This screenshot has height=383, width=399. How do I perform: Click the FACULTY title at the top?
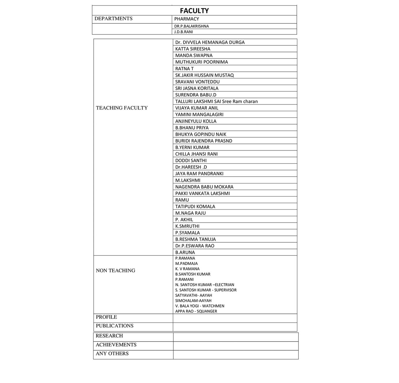click(194, 11)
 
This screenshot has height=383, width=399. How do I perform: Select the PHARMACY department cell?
click(187, 19)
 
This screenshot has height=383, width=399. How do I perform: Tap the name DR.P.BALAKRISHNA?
click(192, 26)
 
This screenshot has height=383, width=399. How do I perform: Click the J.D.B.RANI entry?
click(184, 32)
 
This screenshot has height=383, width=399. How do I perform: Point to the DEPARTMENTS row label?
click(113, 18)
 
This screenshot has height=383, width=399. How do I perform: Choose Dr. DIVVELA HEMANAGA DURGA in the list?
click(210, 42)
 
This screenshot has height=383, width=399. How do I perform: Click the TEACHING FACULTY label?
click(122, 108)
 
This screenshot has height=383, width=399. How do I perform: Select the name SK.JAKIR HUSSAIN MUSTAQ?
click(204, 75)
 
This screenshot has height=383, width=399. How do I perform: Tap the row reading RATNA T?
click(184, 69)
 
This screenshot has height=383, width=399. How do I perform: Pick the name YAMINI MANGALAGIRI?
click(199, 114)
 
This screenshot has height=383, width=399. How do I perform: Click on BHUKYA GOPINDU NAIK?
click(201, 134)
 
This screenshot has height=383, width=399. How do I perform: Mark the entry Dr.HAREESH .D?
click(191, 167)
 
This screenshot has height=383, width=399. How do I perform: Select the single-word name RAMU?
click(182, 200)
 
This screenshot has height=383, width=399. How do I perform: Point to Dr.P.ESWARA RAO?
click(195, 246)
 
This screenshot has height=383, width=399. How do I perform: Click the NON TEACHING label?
click(115, 271)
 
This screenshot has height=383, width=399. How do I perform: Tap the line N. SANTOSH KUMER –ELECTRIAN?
click(205, 285)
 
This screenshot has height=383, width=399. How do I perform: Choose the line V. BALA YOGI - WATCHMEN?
click(200, 306)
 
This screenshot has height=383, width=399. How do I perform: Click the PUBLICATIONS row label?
click(114, 326)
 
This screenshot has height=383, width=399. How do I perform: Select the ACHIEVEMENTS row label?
click(116, 345)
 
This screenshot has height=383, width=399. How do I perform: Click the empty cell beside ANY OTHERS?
click(235, 355)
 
